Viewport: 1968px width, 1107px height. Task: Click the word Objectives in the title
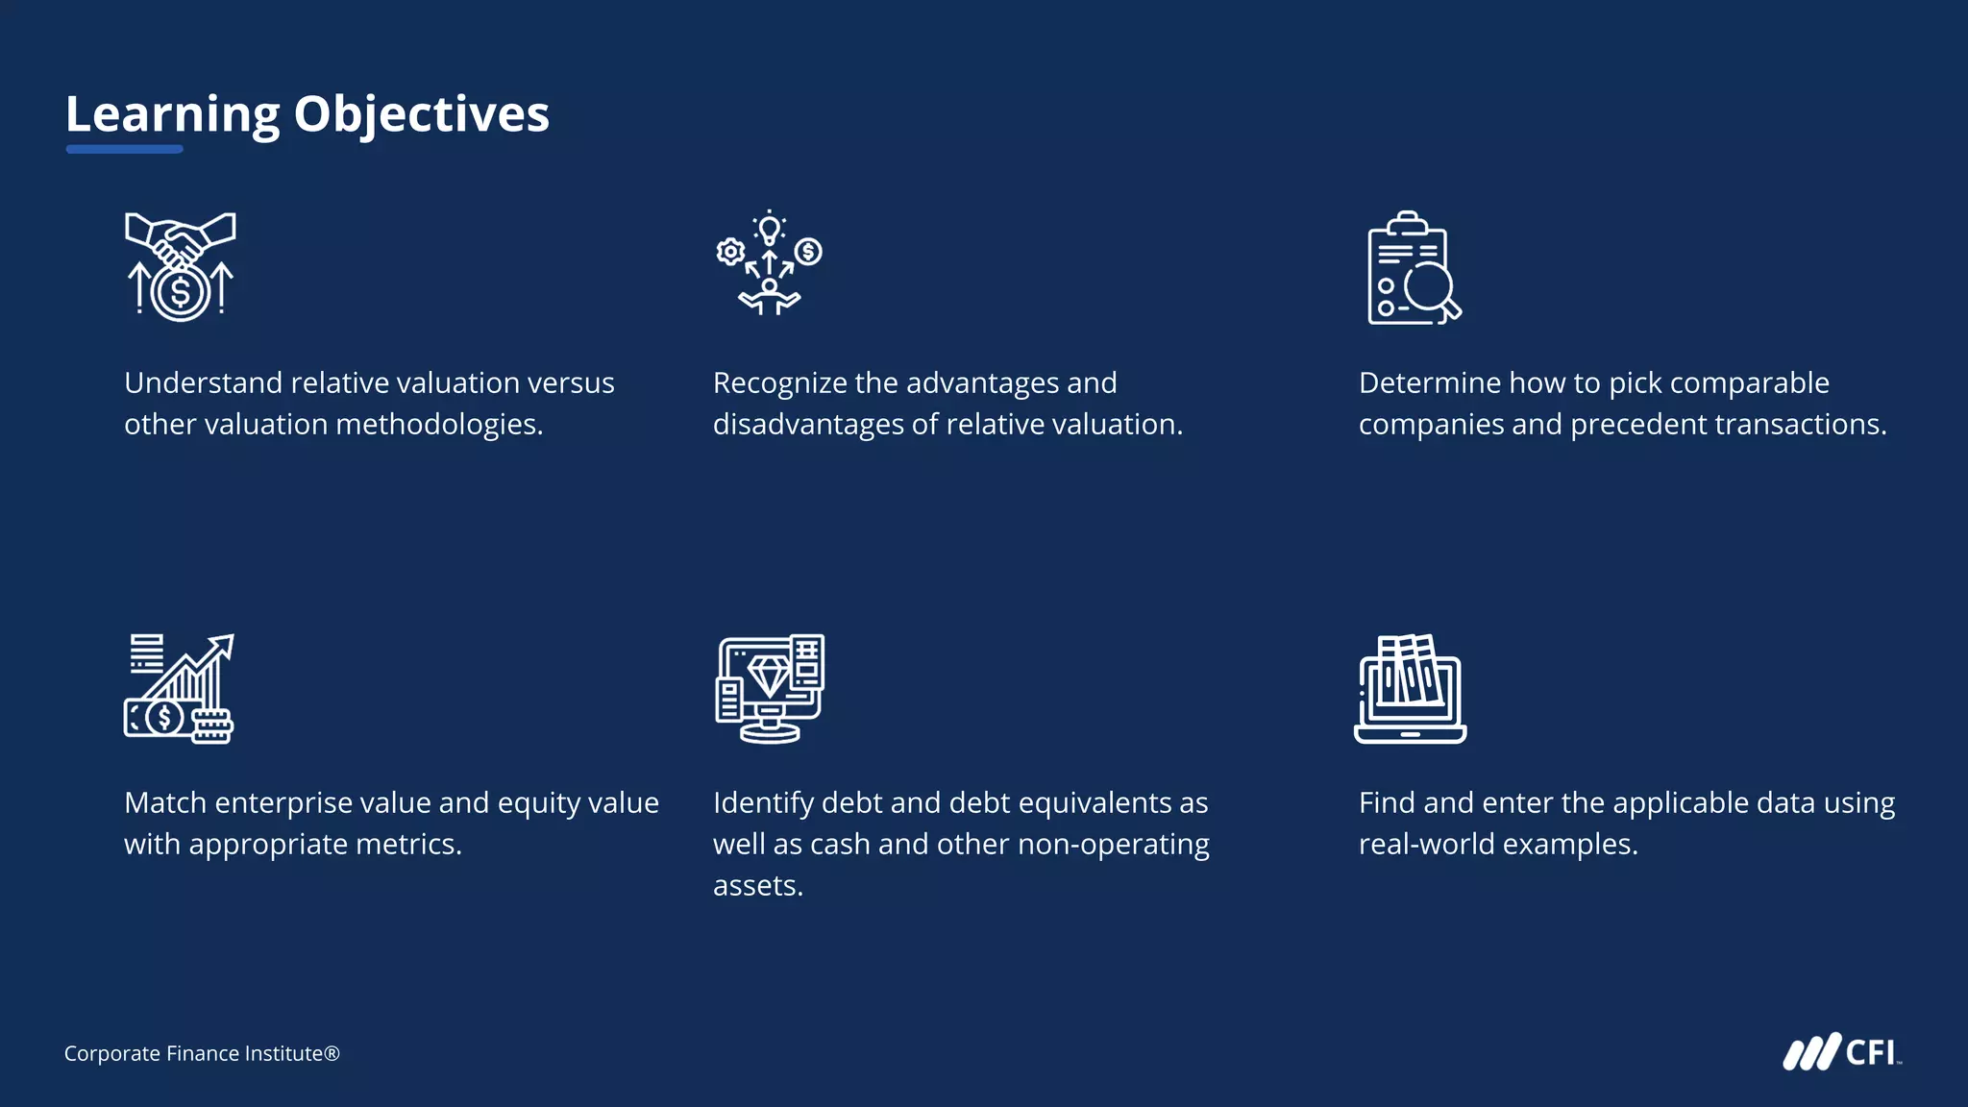pos(421,114)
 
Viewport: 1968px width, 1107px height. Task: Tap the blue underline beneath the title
pos(124,149)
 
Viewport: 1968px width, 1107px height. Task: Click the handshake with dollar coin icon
pos(181,266)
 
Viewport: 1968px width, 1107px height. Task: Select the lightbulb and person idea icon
pos(769,262)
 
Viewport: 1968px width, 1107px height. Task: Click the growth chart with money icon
pos(180,688)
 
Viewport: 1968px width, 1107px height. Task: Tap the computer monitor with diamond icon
pos(770,688)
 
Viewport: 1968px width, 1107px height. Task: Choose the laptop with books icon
pos(1410,688)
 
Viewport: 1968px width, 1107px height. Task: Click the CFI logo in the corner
pos(1842,1052)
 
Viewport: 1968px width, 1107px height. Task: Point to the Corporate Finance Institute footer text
pos(202,1054)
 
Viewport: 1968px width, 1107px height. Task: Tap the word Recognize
pos(779,383)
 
